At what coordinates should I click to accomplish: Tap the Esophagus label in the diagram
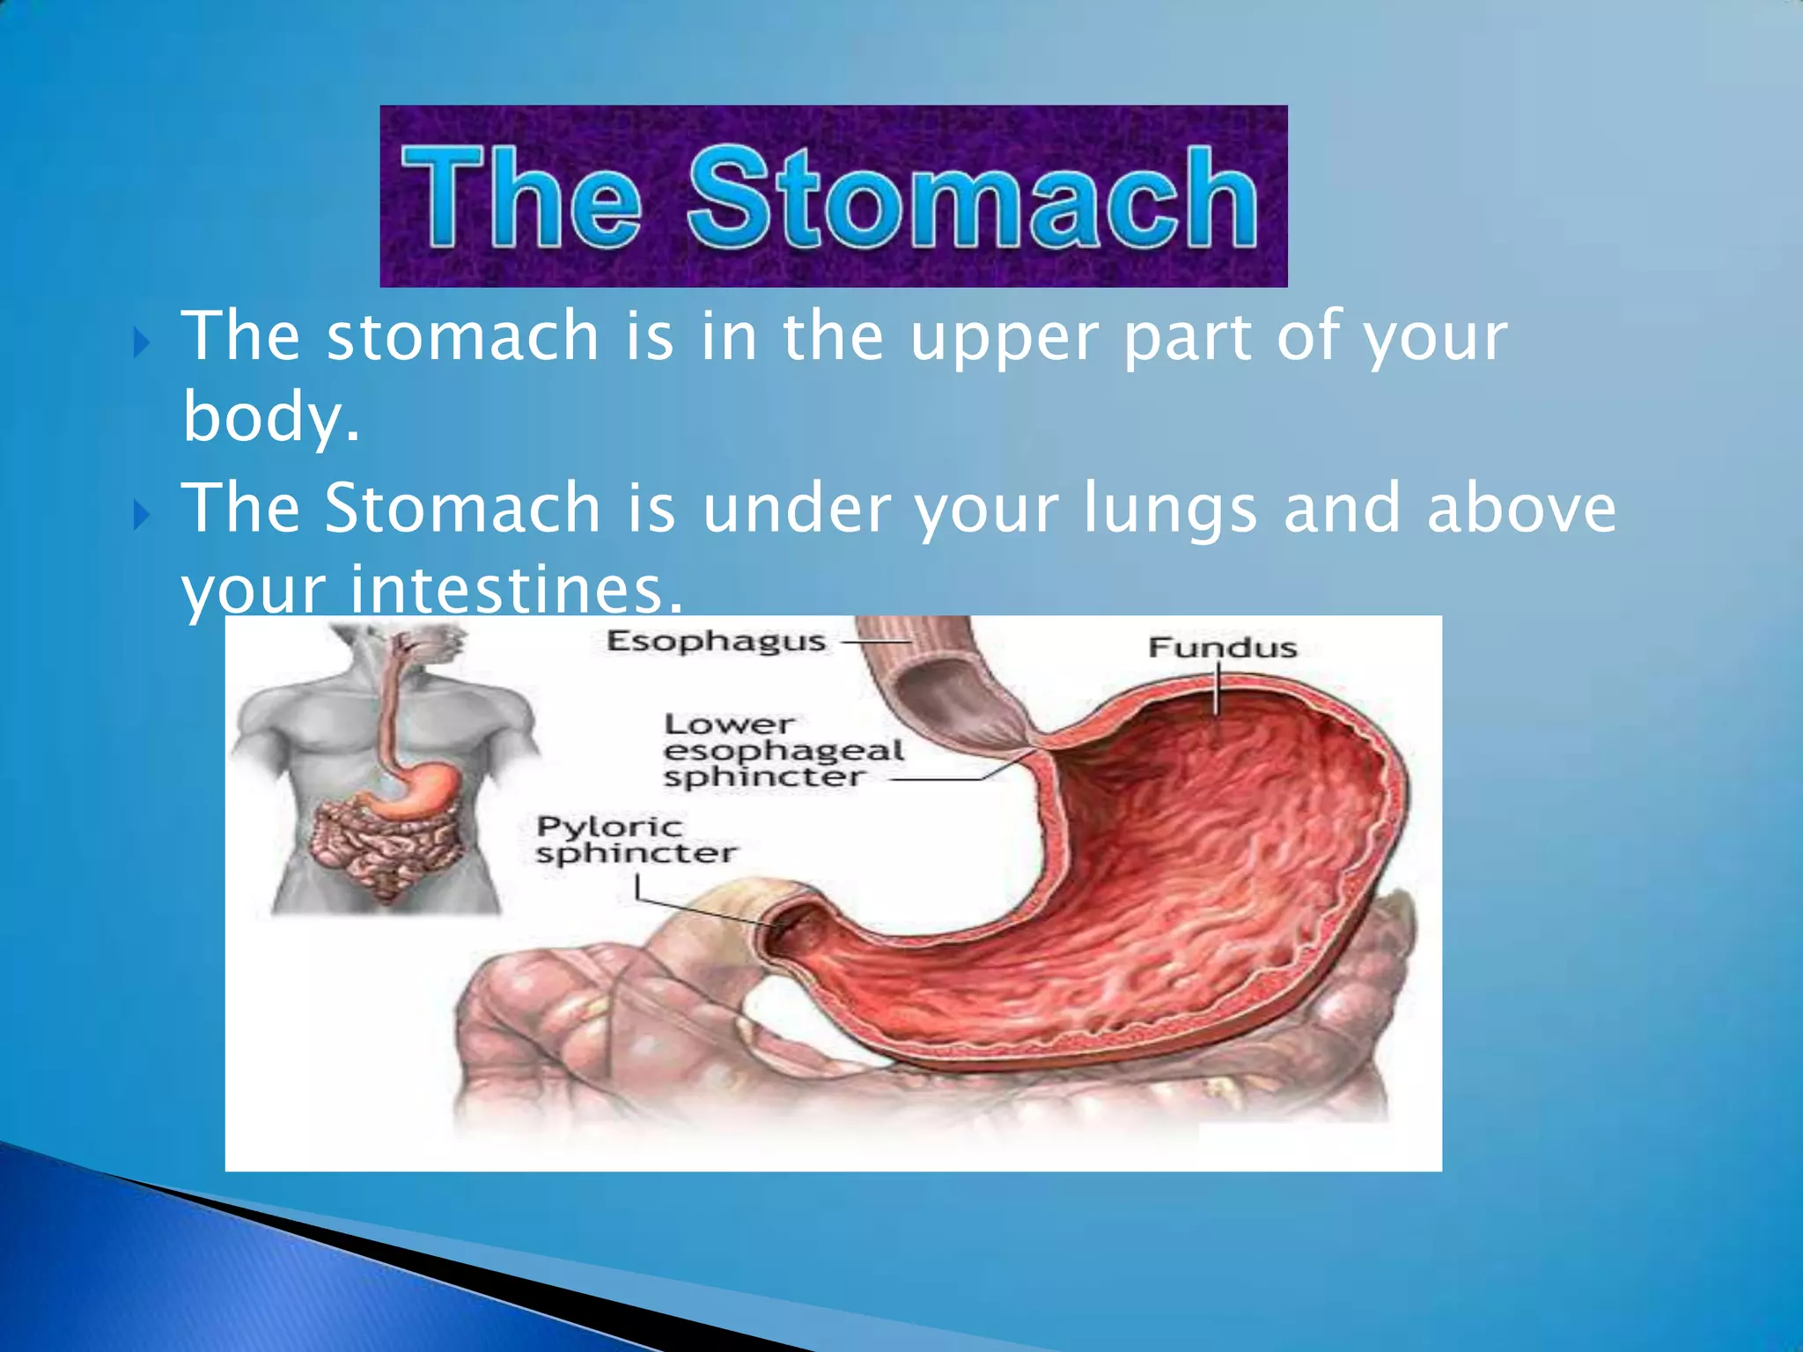tap(716, 642)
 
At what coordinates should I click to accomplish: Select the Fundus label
tap(1222, 649)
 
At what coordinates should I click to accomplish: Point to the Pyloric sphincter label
tap(636, 840)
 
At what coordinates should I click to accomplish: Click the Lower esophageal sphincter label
tap(782, 751)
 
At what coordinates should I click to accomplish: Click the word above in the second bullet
tap(1520, 508)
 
